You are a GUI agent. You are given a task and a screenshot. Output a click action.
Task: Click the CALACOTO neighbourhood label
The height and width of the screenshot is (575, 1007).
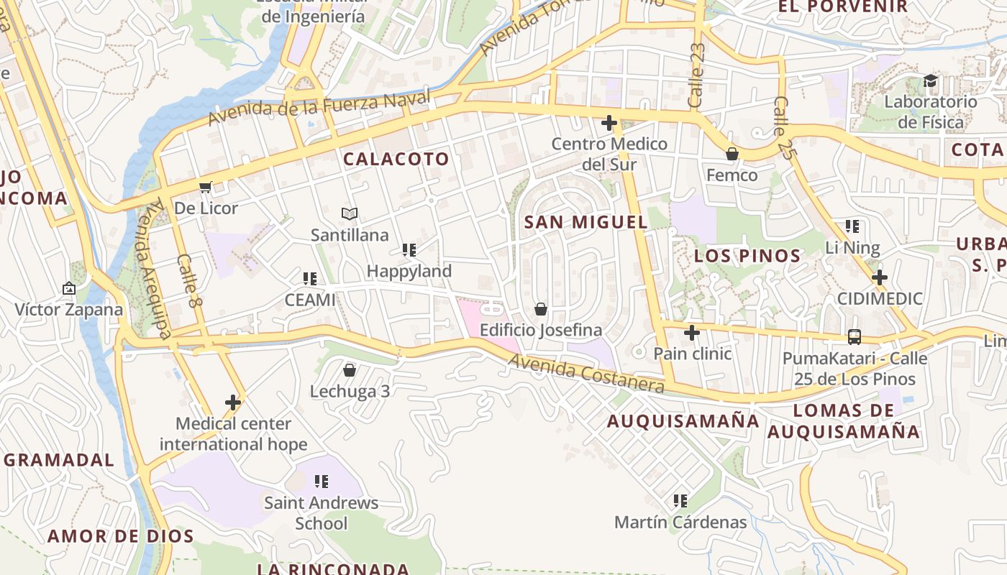pyautogui.click(x=396, y=159)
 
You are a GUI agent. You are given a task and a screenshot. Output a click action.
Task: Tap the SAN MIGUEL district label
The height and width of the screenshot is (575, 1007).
pyautogui.click(x=586, y=222)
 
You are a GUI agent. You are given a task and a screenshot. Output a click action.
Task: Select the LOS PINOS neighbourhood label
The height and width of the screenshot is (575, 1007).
pyautogui.click(x=747, y=256)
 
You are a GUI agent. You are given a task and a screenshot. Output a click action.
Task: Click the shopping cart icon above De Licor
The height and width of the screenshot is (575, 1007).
pyautogui.click(x=206, y=188)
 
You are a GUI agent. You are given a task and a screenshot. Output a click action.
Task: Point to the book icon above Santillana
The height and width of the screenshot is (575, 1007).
pyautogui.click(x=350, y=213)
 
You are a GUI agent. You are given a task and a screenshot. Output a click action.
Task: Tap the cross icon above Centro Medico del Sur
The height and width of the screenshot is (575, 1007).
pyautogui.click(x=609, y=123)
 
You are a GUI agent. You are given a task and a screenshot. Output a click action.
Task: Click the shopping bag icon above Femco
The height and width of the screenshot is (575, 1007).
pyautogui.click(x=732, y=154)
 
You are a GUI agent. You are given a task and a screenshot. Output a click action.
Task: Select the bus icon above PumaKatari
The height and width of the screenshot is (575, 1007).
pyautogui.click(x=855, y=336)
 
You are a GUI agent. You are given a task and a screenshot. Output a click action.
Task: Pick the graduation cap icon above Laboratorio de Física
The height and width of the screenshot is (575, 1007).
pyautogui.click(x=931, y=80)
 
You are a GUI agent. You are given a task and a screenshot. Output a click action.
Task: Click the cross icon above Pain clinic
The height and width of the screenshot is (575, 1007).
pyautogui.click(x=692, y=333)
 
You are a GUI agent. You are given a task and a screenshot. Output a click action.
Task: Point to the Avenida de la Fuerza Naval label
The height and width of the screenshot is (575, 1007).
pyautogui.click(x=319, y=108)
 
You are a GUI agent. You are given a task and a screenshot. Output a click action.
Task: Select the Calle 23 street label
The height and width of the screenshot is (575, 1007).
pyautogui.click(x=696, y=75)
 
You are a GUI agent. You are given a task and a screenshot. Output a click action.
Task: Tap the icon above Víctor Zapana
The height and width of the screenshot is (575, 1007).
pyautogui.click(x=69, y=288)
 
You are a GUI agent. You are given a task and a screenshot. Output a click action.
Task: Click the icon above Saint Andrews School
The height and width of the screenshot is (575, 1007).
pyautogui.click(x=322, y=481)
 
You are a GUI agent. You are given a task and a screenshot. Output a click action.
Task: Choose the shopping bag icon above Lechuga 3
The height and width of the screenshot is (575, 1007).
pyautogui.click(x=350, y=370)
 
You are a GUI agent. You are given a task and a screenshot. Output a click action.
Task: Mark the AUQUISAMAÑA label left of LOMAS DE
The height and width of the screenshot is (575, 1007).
pyautogui.click(x=683, y=421)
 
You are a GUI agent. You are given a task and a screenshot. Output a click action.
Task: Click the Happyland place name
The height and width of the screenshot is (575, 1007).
pyautogui.click(x=409, y=271)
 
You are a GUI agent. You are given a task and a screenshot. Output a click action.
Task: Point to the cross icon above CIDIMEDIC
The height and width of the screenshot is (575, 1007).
pyautogui.click(x=879, y=277)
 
